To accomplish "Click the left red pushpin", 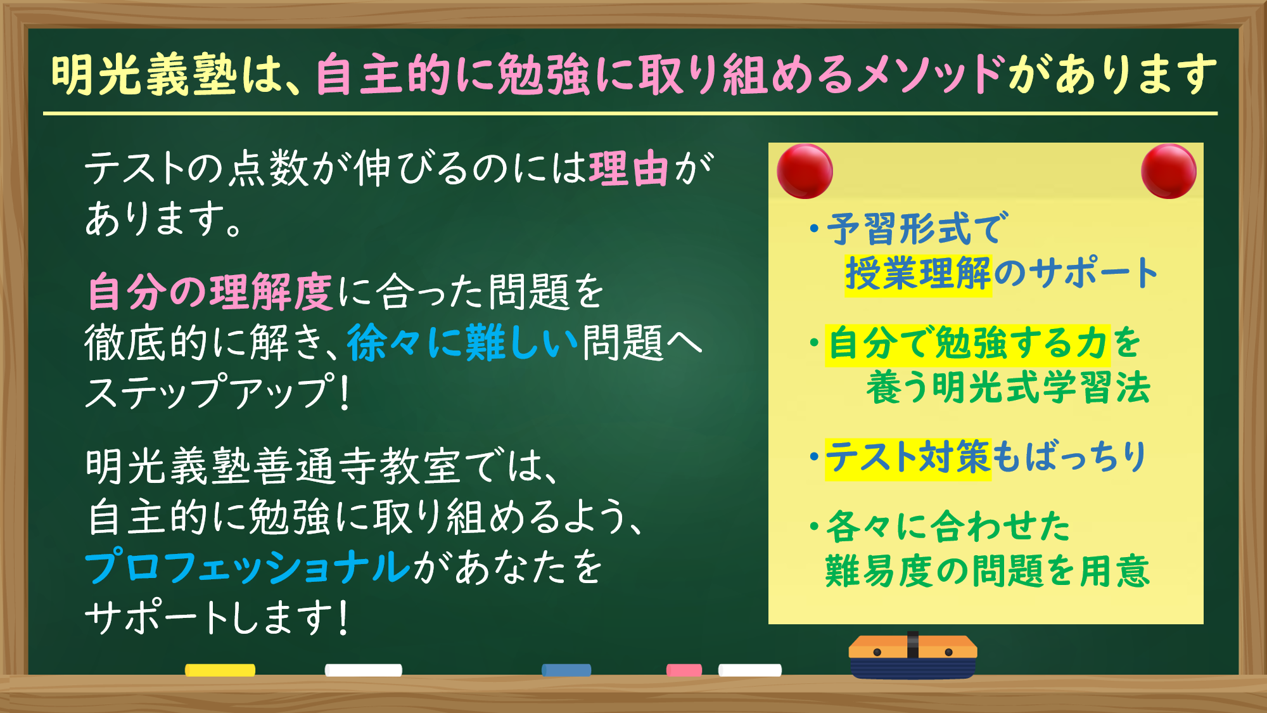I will [805, 171].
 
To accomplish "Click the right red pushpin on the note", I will [1168, 171].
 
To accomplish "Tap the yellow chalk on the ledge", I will [220, 670].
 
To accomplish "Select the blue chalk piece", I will [566, 670].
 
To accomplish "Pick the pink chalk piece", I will [684, 670].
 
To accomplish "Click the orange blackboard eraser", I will [912, 656].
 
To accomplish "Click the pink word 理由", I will [628, 169].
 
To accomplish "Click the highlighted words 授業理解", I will [918, 274].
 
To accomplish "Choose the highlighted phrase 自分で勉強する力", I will [967, 344].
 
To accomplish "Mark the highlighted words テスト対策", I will [907, 458].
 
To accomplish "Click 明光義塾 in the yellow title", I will [144, 75].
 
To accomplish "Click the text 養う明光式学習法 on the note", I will [1008, 387].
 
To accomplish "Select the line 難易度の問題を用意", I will [986, 571].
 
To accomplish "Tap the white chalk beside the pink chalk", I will [749, 670].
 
